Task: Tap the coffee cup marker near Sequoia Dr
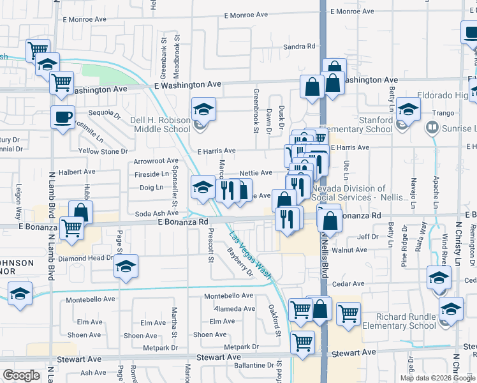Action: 62,117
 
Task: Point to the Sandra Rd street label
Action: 299,47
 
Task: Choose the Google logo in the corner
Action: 21,375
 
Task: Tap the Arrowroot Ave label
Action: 156,161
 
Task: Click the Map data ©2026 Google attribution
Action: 437,378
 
